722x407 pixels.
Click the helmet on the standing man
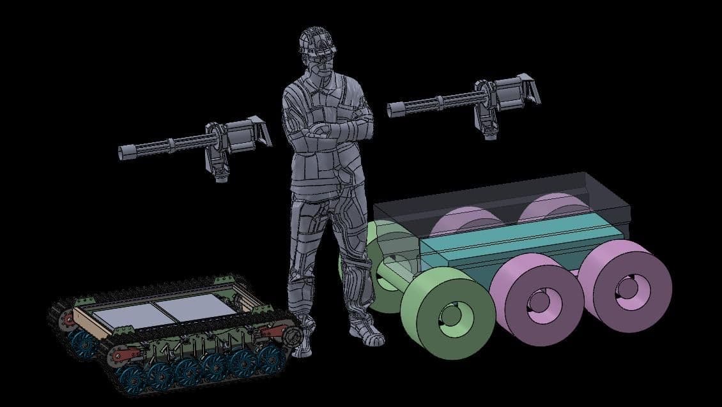[x=318, y=40]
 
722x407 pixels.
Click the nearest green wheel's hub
[x=450, y=314]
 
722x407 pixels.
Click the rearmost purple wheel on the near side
[x=626, y=288]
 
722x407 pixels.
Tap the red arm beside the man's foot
[x=272, y=332]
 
